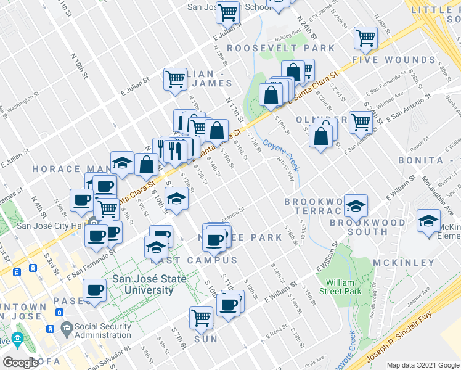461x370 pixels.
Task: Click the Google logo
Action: [20, 362]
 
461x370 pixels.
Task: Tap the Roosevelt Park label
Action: [280, 48]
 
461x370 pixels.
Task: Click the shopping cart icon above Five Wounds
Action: [365, 38]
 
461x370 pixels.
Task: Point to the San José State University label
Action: [142, 284]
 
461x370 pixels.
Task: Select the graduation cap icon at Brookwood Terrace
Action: [356, 206]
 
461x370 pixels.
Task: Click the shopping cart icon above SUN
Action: [201, 318]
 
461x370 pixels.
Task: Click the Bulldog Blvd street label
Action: [287, 29]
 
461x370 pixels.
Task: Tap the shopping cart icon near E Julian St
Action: [175, 78]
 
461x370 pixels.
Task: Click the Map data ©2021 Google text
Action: [422, 365]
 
